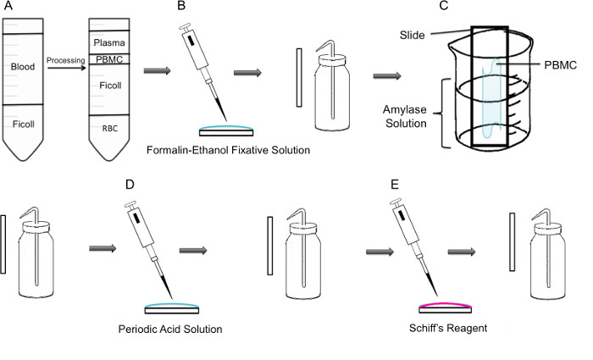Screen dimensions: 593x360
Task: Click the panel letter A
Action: (8, 6)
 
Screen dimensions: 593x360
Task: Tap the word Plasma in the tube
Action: (109, 42)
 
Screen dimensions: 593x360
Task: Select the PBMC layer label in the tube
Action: (109, 59)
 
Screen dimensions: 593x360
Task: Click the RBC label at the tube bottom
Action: (110, 129)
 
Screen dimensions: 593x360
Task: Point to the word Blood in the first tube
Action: (23, 67)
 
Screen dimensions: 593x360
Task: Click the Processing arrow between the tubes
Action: (67, 68)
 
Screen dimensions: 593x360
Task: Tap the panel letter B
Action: (181, 6)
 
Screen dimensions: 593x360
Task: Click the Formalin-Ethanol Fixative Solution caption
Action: (229, 150)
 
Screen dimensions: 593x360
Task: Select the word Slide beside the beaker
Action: (413, 36)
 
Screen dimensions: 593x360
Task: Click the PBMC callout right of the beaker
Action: (561, 65)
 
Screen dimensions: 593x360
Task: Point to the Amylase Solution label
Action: (406, 117)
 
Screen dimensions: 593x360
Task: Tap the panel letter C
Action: (444, 6)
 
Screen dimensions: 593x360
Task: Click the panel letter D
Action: (130, 185)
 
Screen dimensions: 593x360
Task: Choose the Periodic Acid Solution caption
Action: (170, 329)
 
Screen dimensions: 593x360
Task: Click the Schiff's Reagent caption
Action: (448, 328)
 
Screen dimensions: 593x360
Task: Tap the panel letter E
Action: (395, 185)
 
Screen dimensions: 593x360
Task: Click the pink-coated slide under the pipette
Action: (446, 307)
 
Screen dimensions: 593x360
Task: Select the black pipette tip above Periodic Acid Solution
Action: (166, 287)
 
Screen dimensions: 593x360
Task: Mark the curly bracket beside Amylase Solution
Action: (441, 113)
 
